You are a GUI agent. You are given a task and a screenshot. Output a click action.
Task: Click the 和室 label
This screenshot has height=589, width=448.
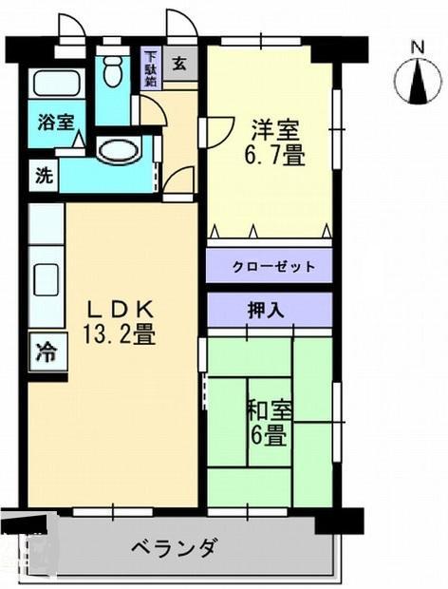click(x=270, y=410)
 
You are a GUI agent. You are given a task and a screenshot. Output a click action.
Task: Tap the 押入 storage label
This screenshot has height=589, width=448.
click(x=270, y=309)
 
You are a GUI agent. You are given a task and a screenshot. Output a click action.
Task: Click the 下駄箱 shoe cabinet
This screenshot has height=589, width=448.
click(x=150, y=69)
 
